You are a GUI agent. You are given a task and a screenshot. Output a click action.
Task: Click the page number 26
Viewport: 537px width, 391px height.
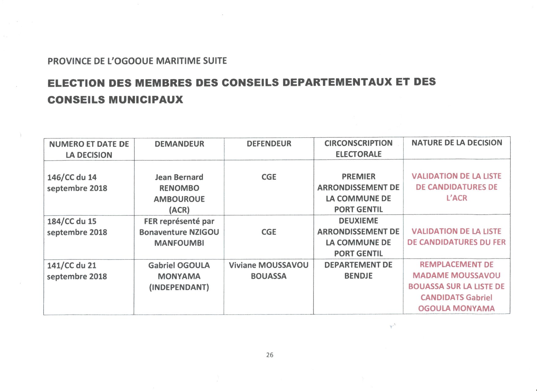[x=269, y=355]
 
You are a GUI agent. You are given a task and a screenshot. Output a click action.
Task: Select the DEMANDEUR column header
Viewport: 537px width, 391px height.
[x=179, y=144]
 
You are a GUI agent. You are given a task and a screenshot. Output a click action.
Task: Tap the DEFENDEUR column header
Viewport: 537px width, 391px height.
[x=269, y=144]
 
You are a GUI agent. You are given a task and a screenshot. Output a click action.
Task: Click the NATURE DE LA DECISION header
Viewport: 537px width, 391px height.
[x=456, y=143]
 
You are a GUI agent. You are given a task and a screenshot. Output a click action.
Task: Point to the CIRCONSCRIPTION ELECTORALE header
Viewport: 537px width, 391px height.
[x=358, y=148]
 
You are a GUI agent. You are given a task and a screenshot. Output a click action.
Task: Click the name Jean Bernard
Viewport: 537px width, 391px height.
[x=179, y=177]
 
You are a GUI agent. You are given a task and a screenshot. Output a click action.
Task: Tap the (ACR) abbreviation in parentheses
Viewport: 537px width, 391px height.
[x=179, y=210]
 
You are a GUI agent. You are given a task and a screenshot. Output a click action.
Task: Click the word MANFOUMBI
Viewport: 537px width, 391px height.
[x=179, y=243]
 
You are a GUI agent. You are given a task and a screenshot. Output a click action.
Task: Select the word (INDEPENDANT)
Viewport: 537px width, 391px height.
[x=179, y=287]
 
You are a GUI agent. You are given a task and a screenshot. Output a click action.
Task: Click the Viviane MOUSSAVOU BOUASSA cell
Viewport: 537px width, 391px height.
[x=268, y=270]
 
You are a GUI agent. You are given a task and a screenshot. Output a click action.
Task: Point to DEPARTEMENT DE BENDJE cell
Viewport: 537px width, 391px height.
[x=358, y=270]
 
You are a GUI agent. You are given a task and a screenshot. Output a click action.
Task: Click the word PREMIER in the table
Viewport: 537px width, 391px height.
[x=358, y=177]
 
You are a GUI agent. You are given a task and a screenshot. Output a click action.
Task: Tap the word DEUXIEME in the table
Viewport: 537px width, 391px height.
[x=358, y=221]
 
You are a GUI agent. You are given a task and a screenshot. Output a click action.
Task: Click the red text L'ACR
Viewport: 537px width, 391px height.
[x=456, y=198]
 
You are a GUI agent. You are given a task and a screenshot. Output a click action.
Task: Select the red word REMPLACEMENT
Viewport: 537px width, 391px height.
[x=456, y=264]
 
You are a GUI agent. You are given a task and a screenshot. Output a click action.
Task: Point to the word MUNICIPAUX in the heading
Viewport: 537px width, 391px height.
[x=145, y=100]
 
